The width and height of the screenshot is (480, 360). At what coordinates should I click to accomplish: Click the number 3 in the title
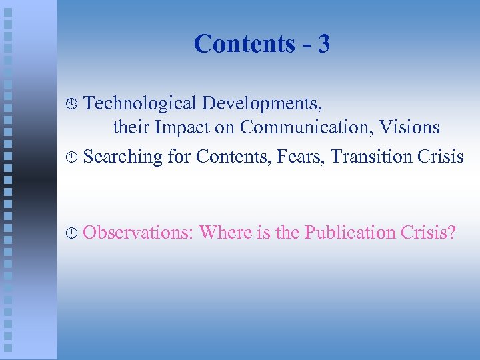click(x=323, y=45)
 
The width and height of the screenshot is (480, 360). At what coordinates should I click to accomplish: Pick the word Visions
click(x=406, y=127)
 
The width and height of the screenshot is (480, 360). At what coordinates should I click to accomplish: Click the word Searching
click(x=123, y=157)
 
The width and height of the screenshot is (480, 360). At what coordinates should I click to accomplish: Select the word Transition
click(x=363, y=157)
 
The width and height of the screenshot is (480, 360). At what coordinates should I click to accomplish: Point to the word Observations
click(x=138, y=233)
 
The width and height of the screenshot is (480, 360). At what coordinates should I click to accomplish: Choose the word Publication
click(x=349, y=233)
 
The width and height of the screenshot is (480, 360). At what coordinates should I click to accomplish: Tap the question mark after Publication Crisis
click(x=452, y=233)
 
